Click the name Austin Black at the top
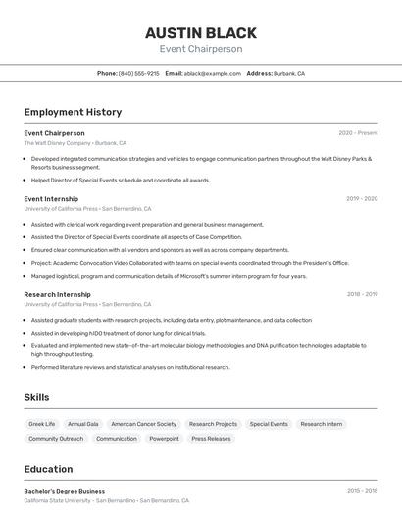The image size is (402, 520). [200, 33]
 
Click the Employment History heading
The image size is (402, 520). [73, 112]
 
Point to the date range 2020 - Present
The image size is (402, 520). [358, 133]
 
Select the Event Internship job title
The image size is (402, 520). [51, 198]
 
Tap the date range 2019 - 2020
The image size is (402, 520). [361, 198]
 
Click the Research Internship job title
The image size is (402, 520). [57, 294]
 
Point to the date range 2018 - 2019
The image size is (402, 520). [361, 294]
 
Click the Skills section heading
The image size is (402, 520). [37, 397]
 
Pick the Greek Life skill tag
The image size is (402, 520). [42, 424]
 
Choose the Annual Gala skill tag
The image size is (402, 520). [83, 424]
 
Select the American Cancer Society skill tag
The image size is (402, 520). [143, 424]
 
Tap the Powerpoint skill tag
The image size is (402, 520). [164, 439]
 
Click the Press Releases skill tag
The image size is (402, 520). [211, 439]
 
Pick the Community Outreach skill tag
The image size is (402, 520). [56, 439]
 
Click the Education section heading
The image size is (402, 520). [48, 469]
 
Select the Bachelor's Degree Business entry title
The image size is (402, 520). [64, 491]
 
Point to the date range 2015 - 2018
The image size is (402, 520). [361, 491]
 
